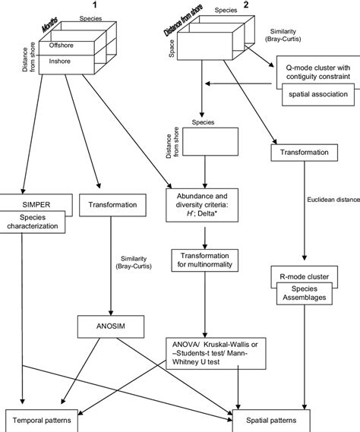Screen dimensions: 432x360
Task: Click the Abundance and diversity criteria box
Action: pos(203,205)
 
